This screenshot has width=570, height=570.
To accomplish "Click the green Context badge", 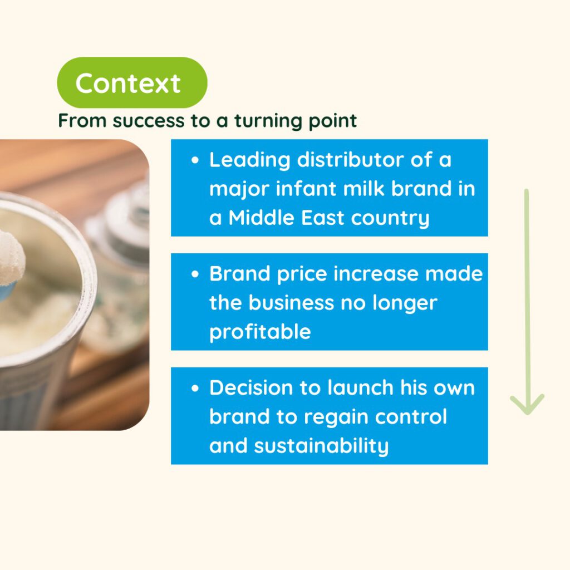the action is [x=132, y=82].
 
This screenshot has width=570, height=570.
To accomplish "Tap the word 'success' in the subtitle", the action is [x=148, y=121].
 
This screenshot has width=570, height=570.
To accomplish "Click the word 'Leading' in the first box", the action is [x=250, y=160].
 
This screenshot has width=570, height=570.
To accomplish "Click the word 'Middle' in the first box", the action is [x=261, y=218].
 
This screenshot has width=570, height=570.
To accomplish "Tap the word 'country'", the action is [x=390, y=218].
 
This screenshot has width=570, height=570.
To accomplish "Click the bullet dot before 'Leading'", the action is [x=195, y=160].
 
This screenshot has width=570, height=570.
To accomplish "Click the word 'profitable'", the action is [x=260, y=332].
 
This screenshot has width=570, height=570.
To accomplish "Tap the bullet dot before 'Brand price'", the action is [x=195, y=274].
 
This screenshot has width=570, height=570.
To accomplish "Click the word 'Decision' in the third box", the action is [x=252, y=388].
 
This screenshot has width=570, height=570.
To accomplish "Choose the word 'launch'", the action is [x=360, y=388].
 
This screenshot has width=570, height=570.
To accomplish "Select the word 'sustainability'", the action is [x=321, y=446].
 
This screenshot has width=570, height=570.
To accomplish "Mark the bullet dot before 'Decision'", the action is [x=195, y=388].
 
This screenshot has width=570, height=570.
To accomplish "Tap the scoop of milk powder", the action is [x=11, y=258].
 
